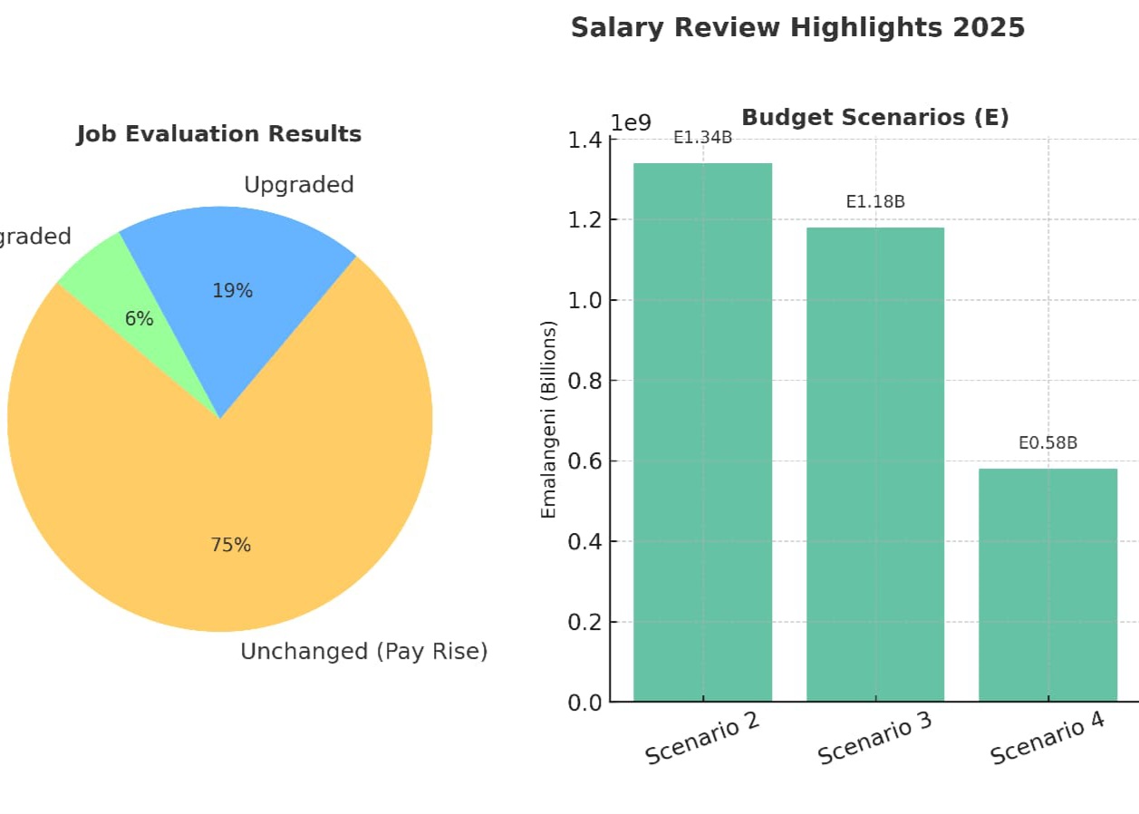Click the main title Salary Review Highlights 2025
(x=797, y=28)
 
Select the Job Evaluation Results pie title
(x=219, y=134)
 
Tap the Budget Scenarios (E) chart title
(x=874, y=117)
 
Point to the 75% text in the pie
(x=230, y=545)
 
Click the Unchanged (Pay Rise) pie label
(x=363, y=652)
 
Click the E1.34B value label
(x=702, y=138)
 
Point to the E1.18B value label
(x=875, y=202)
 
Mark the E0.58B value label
(x=1047, y=443)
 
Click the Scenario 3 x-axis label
(x=874, y=737)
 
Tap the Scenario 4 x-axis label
(x=1047, y=737)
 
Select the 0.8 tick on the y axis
(x=584, y=381)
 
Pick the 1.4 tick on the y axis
(x=584, y=140)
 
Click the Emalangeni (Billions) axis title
(x=548, y=420)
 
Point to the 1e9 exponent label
(x=631, y=122)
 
